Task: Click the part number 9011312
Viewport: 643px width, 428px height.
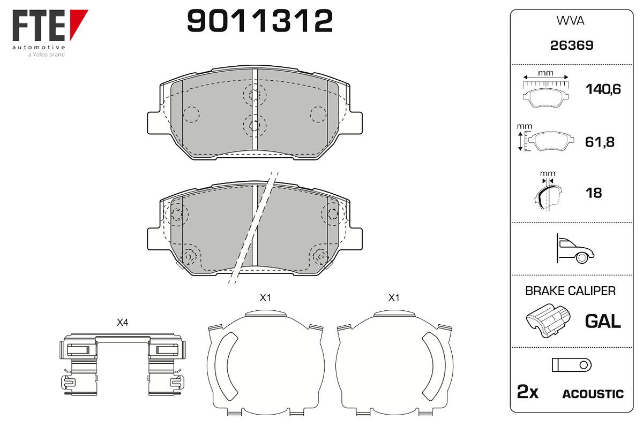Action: coord(260,21)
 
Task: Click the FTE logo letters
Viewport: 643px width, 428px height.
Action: coord(39,26)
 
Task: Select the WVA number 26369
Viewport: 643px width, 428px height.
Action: coord(572,45)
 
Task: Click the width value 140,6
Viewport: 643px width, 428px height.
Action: coord(603,89)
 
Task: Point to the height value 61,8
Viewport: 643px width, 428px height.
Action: coord(600,142)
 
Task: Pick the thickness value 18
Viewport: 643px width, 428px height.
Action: coord(594,193)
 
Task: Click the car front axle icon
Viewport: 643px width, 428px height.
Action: coord(575,249)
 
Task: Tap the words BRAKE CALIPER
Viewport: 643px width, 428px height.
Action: coord(570,291)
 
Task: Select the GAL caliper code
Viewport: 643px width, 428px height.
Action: coord(603,321)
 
